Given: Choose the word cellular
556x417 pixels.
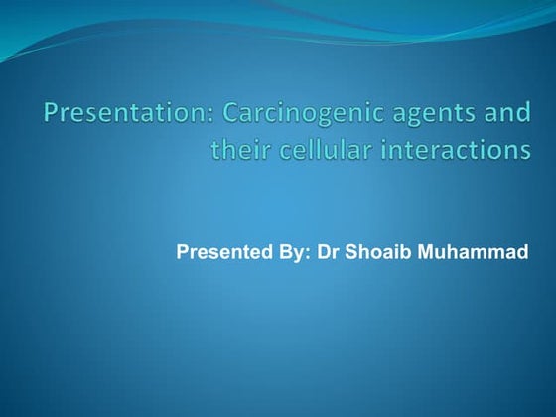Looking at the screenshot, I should point(323,150).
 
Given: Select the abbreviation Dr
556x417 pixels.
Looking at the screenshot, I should point(328,251).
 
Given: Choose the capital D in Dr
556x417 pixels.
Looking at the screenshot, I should point(323,251).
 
